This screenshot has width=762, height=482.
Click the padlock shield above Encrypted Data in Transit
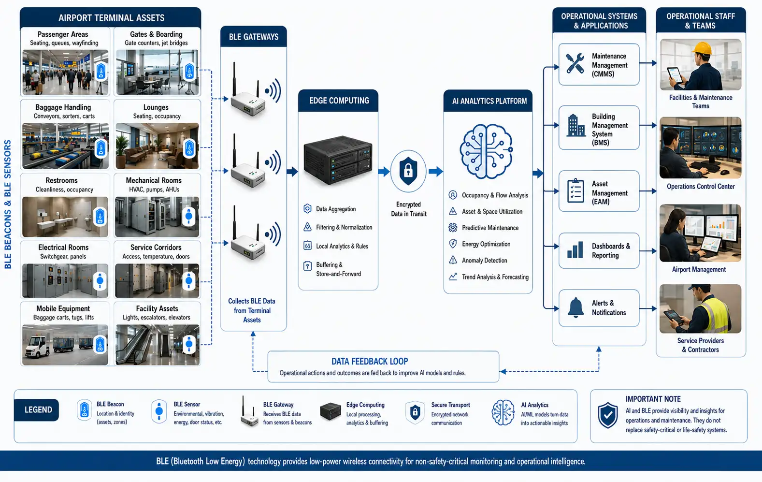(x=408, y=171)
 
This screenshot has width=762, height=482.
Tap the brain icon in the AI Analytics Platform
(x=487, y=151)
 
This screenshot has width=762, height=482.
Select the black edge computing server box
(x=338, y=161)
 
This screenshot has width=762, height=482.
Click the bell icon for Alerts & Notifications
(x=575, y=307)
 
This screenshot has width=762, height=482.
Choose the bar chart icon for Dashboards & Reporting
(x=575, y=250)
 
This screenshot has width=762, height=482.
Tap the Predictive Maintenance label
(x=490, y=228)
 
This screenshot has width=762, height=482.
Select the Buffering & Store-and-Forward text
(x=338, y=269)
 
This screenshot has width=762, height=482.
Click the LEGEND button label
(x=38, y=409)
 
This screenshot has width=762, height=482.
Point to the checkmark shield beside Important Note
(x=608, y=415)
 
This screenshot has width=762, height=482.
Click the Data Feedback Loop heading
(x=370, y=361)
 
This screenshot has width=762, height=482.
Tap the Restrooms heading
(x=61, y=180)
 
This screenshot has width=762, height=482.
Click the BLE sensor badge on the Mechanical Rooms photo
(x=189, y=217)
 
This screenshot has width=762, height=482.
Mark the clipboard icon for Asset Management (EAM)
(x=575, y=190)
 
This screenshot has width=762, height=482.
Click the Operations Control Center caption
(x=701, y=187)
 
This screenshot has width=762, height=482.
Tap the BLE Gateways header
(x=253, y=37)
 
